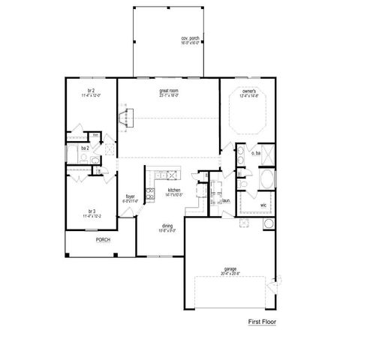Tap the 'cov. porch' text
click(190, 37)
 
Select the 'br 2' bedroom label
click(89, 91)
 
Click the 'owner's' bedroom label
click(248, 91)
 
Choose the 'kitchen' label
click(174, 190)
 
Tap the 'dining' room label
click(167, 226)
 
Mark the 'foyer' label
click(130, 196)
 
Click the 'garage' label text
click(230, 268)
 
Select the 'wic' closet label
click(263, 204)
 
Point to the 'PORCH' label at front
click(102, 241)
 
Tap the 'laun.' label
click(225, 201)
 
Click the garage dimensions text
click(230, 274)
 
